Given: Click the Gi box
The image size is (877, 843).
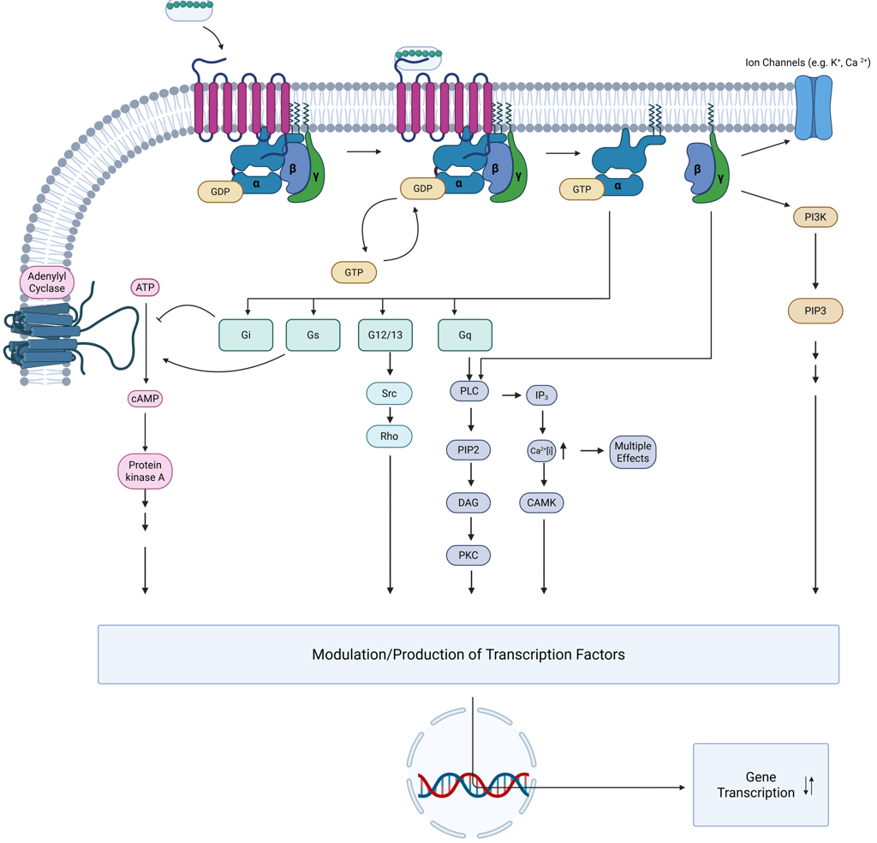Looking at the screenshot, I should [x=246, y=335].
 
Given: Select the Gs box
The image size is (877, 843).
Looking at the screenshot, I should [x=313, y=335].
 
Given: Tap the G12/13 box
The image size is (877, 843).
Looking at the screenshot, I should [x=385, y=335].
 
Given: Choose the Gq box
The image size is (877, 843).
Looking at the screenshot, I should [x=465, y=335].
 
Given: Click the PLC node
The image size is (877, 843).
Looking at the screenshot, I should [x=468, y=391].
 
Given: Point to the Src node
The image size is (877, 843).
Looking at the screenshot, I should [x=389, y=394].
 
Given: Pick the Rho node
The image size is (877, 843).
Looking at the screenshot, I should [x=389, y=436].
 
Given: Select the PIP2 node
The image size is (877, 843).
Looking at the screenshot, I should [x=468, y=449].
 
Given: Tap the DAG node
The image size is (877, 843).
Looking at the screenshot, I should [x=468, y=502].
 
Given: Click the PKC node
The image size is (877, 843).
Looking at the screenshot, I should [x=468, y=555].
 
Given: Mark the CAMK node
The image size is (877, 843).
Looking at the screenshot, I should [x=541, y=502].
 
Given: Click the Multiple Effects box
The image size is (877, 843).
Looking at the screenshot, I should [x=633, y=452].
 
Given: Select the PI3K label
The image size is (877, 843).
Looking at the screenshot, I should [x=814, y=217].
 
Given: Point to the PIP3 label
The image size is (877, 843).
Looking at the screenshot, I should [x=814, y=310].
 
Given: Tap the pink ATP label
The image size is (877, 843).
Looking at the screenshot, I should [x=146, y=288].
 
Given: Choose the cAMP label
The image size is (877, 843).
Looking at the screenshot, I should [x=145, y=399].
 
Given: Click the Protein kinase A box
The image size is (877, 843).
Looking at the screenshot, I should [x=145, y=471].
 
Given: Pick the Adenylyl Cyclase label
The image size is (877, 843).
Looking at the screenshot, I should [x=46, y=282].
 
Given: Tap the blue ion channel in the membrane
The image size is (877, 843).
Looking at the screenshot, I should [x=814, y=108].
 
